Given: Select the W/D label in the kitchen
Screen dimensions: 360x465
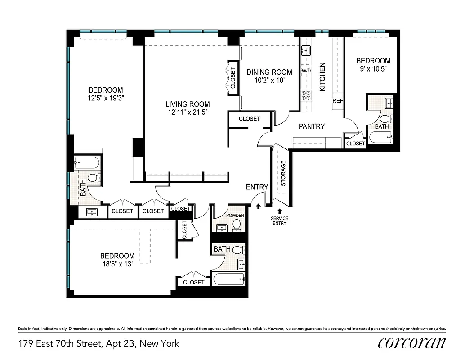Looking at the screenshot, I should click(x=306, y=71).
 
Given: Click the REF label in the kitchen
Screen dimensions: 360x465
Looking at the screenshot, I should click(x=337, y=101).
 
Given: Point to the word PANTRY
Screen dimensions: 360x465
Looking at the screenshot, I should click(x=312, y=126).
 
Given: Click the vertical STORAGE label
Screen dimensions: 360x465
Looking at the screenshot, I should click(x=283, y=173).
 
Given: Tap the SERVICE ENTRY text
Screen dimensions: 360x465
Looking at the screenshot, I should click(x=279, y=220).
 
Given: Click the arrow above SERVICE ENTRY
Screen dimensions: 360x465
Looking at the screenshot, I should click(x=279, y=210).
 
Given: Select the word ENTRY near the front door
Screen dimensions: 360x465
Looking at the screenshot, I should click(x=257, y=187).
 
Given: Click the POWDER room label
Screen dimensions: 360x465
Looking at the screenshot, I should click(x=235, y=216).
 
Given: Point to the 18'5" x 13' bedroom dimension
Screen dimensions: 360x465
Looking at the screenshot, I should click(x=117, y=264).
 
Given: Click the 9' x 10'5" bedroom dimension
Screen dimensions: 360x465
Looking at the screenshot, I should click(x=373, y=69).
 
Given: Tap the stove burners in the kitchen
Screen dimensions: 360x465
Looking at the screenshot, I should click(x=306, y=95).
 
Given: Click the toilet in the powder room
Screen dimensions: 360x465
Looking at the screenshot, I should click(x=237, y=225).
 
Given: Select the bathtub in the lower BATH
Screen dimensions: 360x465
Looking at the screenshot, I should click(x=229, y=279).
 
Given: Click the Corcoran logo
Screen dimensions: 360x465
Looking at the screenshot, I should click(x=412, y=343).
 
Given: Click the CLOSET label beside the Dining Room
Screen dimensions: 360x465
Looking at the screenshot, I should click(x=233, y=78).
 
